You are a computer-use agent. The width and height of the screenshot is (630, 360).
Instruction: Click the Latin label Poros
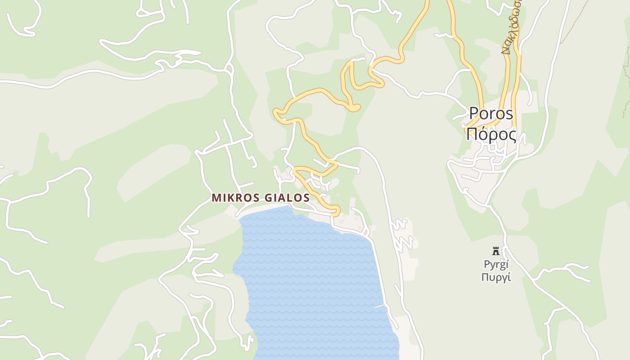click(x=491, y=113)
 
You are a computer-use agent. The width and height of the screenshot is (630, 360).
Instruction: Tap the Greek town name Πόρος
click(x=491, y=134)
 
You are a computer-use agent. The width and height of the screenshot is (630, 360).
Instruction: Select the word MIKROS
click(x=234, y=198)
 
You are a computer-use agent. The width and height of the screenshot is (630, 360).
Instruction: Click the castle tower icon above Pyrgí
click(x=496, y=251)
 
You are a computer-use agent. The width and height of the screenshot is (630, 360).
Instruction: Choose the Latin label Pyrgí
click(x=496, y=264)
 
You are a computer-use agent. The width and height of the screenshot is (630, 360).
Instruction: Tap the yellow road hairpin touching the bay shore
click(x=335, y=211)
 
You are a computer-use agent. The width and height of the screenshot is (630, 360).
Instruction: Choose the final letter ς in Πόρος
click(x=512, y=135)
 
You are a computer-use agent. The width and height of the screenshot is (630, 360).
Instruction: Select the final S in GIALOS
click(x=306, y=198)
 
